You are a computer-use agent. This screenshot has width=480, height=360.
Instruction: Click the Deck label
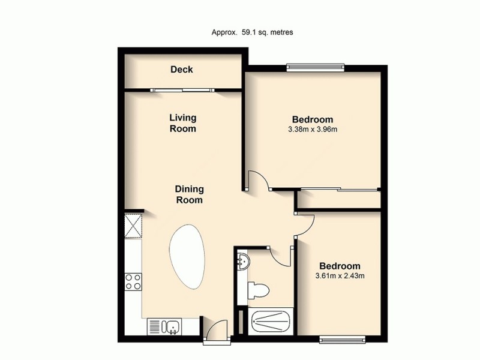tap(182, 70)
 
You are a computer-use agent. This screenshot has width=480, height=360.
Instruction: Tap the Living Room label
tap(182, 123)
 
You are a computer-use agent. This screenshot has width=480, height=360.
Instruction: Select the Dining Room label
tap(188, 194)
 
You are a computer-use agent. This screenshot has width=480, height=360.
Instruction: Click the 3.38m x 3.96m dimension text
tap(312, 129)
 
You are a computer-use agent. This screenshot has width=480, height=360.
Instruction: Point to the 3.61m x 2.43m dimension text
tap(340, 276)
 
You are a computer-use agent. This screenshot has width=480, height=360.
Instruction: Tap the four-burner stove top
tap(133, 281)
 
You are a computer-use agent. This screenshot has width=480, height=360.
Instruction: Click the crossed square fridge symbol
tap(133, 227)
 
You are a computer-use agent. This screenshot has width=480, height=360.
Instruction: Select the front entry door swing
tap(213, 331)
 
